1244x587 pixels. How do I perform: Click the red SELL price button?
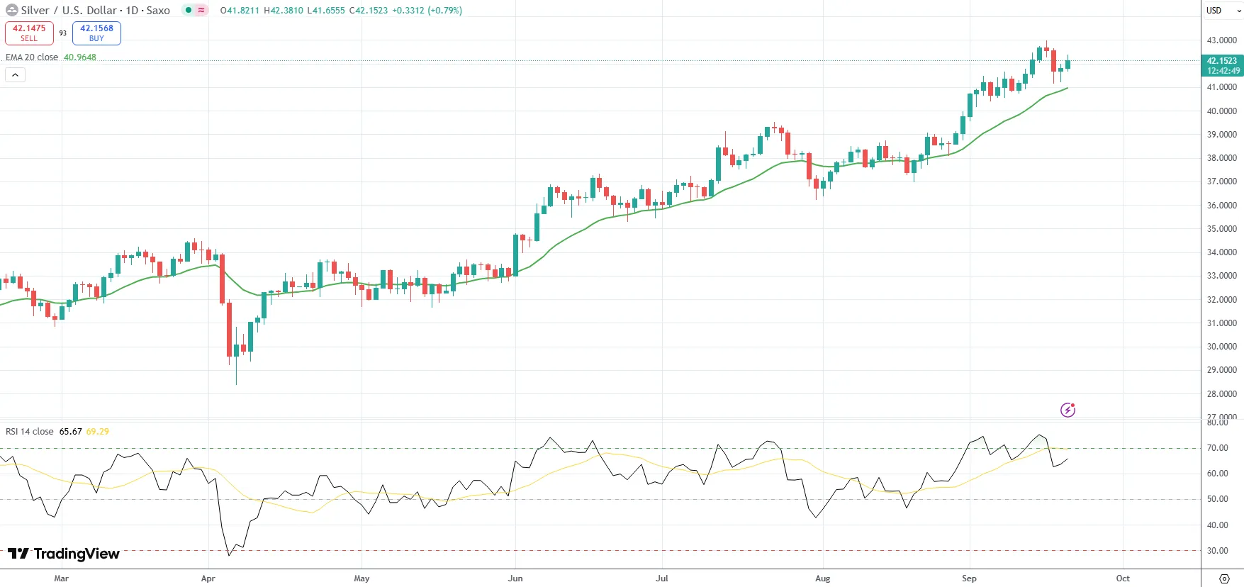click(x=29, y=33)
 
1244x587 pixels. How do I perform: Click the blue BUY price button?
click(x=96, y=33)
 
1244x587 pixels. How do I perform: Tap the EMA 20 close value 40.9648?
click(x=80, y=57)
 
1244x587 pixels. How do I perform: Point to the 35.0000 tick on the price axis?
click(x=1221, y=229)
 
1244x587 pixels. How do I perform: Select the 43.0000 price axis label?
click(x=1221, y=40)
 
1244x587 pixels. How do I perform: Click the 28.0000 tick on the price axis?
click(x=1221, y=394)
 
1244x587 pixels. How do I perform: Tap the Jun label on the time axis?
click(x=515, y=578)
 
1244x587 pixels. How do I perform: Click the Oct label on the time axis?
click(x=1123, y=578)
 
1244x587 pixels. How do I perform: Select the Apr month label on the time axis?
click(x=208, y=578)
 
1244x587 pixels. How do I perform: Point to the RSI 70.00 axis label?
click(x=1218, y=448)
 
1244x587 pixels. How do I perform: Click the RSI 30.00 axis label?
click(x=1218, y=551)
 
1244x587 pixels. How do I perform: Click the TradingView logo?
click(x=64, y=554)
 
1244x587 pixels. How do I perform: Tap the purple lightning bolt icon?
click(x=1068, y=410)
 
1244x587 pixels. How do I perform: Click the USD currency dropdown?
click(x=1222, y=11)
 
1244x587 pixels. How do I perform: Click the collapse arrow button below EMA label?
click(x=15, y=74)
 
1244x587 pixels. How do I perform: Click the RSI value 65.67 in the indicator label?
click(x=70, y=432)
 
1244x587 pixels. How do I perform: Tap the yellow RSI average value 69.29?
click(x=98, y=432)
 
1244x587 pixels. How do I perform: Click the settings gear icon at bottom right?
click(x=1224, y=578)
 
